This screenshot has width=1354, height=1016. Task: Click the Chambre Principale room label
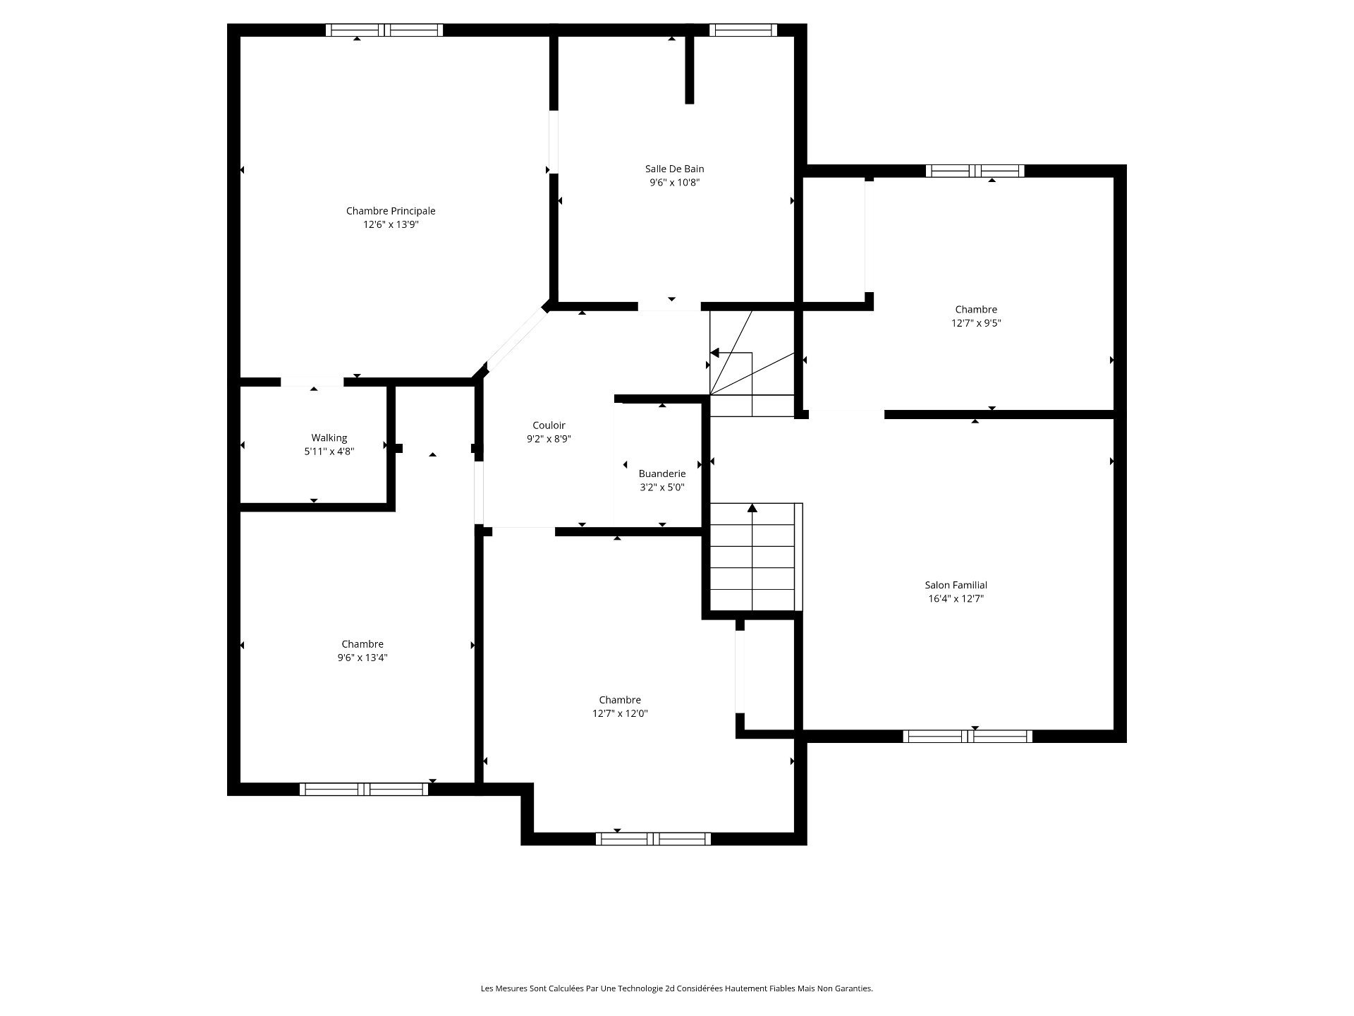(391, 211)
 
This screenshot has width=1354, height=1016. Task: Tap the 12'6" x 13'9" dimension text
(391, 225)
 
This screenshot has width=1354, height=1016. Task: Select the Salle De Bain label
(675, 169)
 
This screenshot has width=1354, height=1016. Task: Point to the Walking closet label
(329, 438)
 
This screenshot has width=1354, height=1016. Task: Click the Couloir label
(549, 425)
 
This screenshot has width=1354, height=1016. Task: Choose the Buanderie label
(662, 473)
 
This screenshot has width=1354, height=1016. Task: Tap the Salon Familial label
(956, 585)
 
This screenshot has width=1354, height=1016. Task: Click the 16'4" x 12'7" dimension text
(956, 599)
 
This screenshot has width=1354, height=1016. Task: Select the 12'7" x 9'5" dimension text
(976, 323)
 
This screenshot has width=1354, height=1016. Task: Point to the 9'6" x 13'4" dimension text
(362, 658)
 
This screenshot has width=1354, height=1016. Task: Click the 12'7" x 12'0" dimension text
(620, 713)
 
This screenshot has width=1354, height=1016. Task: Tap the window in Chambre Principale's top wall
(384, 30)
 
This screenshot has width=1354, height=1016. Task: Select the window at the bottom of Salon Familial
(968, 737)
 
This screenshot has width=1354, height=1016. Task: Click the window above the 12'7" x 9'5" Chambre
(975, 171)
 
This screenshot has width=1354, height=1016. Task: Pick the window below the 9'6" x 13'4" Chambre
(364, 790)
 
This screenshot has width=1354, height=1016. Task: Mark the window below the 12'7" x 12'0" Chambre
(653, 839)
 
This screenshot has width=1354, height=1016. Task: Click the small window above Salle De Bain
(743, 30)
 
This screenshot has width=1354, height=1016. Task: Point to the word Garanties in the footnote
(855, 988)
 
